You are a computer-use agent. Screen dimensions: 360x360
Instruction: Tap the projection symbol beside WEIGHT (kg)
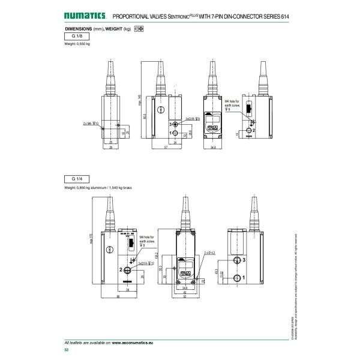coord(139,29)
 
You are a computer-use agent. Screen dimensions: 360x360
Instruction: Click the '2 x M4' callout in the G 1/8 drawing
coord(88,123)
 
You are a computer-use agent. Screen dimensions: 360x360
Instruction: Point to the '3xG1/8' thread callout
coord(193,119)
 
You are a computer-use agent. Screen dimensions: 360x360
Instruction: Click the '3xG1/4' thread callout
coord(146,263)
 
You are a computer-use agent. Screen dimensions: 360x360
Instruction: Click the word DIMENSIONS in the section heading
coord(78,29)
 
